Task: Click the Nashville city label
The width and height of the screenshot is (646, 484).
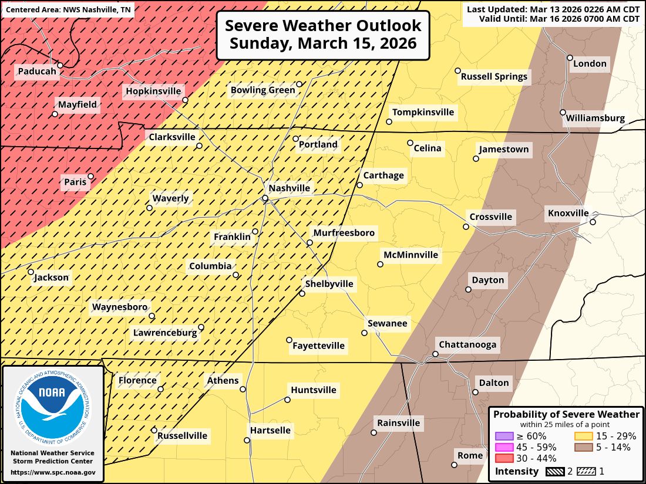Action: [x=289, y=188]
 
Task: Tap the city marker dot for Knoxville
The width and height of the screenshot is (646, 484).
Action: [x=593, y=222]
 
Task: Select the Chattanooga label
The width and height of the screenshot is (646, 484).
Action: [x=467, y=344]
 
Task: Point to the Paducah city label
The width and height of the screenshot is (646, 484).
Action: [x=37, y=72]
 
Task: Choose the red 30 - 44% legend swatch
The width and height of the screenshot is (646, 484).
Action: [x=504, y=458]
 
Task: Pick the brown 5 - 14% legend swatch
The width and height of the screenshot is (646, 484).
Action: [x=584, y=447]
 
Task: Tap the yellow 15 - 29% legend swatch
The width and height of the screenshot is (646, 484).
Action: [x=584, y=436]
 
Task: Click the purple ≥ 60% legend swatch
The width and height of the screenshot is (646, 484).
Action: [x=504, y=436]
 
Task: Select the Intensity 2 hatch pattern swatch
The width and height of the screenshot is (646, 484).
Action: [x=556, y=471]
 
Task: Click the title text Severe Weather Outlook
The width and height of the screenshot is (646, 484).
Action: [x=323, y=26]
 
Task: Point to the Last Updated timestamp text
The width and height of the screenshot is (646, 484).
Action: [x=553, y=9]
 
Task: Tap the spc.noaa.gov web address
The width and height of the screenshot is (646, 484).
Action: [x=53, y=472]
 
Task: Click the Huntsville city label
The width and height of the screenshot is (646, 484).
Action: [x=314, y=390]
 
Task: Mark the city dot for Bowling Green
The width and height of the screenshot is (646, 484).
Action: [x=299, y=84]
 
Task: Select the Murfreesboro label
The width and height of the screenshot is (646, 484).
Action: [x=344, y=233]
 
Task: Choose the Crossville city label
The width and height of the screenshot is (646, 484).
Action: [x=490, y=217]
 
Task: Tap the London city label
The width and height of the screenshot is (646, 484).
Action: [x=590, y=63]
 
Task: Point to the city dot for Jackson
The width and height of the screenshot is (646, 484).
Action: [x=31, y=272]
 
